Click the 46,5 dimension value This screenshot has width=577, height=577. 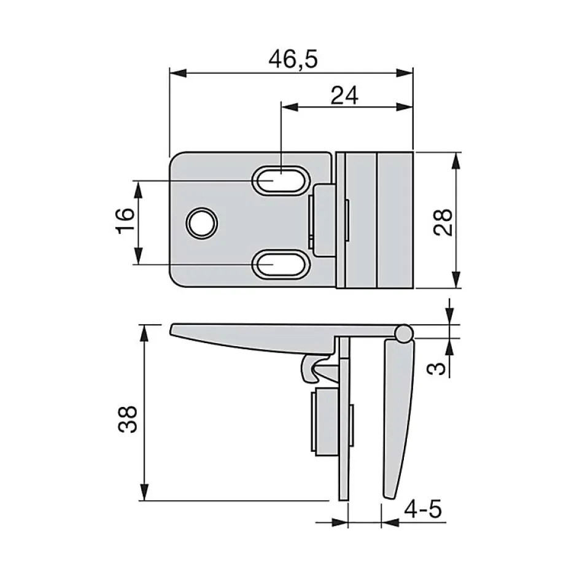point(293,59)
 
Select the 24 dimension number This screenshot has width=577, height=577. point(345,96)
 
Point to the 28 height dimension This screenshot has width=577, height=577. point(443,222)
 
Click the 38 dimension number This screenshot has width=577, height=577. point(128,419)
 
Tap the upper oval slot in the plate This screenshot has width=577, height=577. point(280,180)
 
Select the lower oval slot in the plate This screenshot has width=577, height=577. point(280,263)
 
